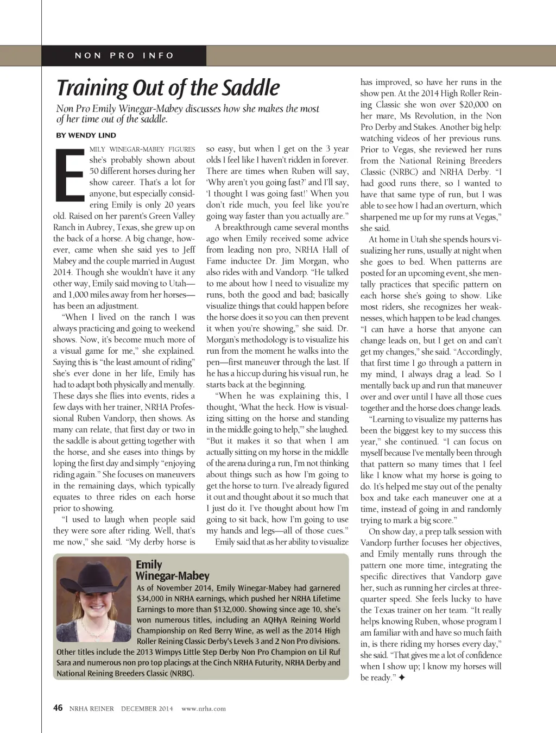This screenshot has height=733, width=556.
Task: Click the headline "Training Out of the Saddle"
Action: coord(168,88)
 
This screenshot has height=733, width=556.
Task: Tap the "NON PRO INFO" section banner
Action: coord(124,55)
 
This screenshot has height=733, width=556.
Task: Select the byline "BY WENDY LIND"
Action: coord(86,135)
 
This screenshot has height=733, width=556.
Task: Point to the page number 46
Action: coord(58,707)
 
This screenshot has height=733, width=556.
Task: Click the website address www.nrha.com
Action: coord(204,709)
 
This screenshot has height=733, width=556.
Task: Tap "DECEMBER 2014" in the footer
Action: coord(147,709)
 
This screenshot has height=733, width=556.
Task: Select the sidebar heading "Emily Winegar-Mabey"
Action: coord(172,570)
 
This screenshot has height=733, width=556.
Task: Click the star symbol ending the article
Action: coord(402,678)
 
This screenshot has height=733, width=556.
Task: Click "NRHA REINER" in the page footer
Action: coord(92,709)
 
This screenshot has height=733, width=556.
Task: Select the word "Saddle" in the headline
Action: coord(251,88)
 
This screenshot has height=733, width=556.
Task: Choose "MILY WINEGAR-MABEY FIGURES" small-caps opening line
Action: coord(142,149)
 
